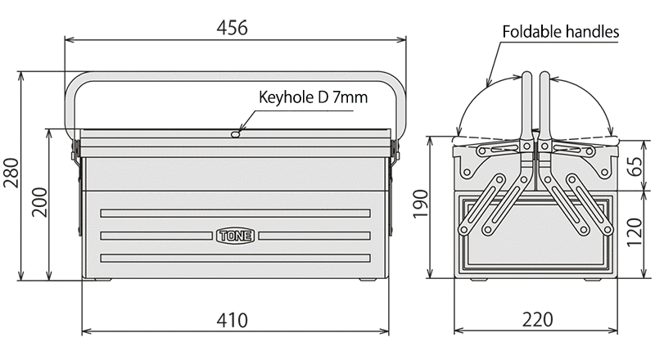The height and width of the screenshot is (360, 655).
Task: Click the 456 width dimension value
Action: click(x=233, y=27)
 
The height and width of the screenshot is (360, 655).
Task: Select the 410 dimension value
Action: click(x=233, y=321)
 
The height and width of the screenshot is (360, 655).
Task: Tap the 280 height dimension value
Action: click(x=11, y=173)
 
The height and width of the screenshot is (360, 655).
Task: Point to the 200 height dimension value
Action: click(x=38, y=203)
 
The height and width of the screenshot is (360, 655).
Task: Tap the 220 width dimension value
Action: click(x=535, y=321)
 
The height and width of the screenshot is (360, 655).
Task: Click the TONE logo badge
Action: click(x=236, y=236)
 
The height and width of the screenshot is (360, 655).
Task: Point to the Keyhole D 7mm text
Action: click(x=313, y=97)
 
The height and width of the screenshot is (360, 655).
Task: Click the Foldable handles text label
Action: click(x=560, y=32)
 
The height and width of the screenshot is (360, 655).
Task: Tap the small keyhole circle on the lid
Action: click(x=235, y=133)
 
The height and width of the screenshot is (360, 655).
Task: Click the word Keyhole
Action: click(x=285, y=97)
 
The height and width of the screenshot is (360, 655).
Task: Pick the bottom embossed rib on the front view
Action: click(x=236, y=258)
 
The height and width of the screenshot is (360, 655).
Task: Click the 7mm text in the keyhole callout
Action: click(x=352, y=97)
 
